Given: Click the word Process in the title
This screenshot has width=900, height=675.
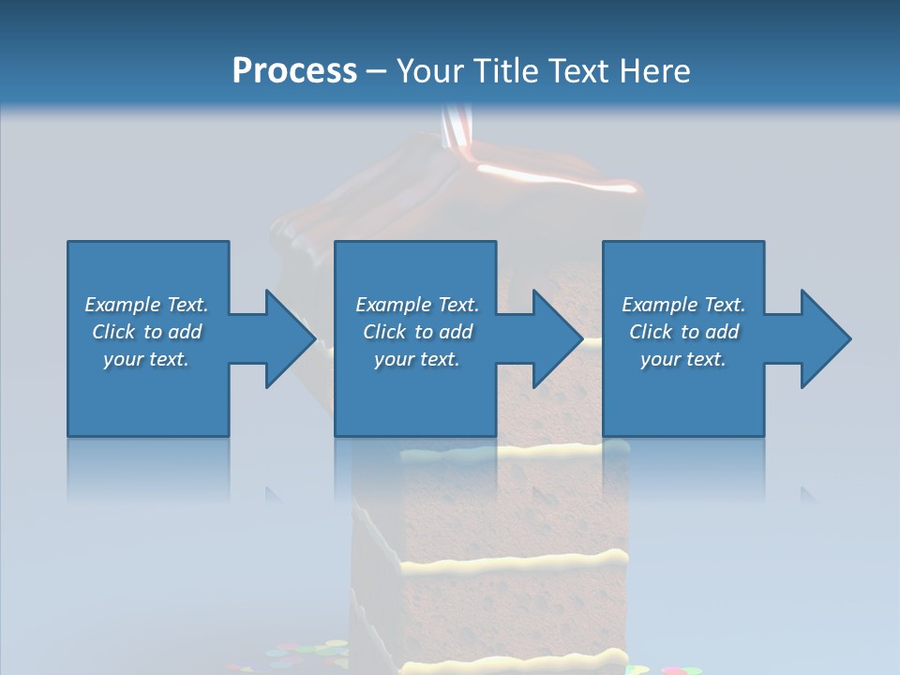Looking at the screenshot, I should [x=294, y=71].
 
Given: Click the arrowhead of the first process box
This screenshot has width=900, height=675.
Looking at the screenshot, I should [x=291, y=338].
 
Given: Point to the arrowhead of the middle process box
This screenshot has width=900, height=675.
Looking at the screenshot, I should [x=559, y=338].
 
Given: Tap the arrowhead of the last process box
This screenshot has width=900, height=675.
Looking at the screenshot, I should [x=826, y=338].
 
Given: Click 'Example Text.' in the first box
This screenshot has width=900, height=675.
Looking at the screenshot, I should [x=146, y=305].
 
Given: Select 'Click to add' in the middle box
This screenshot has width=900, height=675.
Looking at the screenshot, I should [x=417, y=332].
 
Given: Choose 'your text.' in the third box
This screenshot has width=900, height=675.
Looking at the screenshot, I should [x=682, y=359].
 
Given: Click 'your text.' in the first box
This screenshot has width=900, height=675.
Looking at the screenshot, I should [x=146, y=359].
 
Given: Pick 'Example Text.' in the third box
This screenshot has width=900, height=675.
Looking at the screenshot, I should [x=682, y=305].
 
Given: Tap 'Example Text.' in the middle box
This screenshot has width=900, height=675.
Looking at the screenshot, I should [x=417, y=305].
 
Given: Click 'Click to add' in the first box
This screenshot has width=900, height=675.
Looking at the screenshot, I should [x=146, y=332].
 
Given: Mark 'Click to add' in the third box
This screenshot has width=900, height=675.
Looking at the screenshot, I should [x=683, y=332].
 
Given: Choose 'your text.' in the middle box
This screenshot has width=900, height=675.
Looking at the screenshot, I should [x=417, y=359].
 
